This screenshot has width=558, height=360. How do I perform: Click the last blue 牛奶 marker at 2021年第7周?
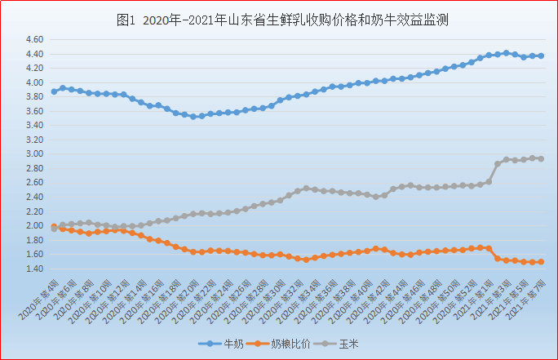coord(541,56)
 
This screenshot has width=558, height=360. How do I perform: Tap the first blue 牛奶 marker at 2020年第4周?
coord(54,91)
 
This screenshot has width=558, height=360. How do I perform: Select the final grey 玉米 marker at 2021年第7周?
coord(541,158)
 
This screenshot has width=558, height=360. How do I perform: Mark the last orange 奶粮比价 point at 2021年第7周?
coord(541,262)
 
